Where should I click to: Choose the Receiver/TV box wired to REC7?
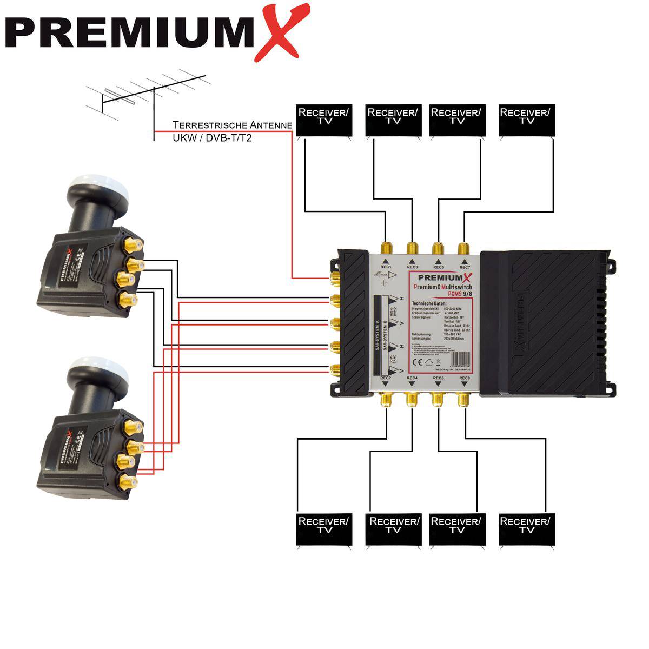525,120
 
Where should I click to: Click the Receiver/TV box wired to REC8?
525,529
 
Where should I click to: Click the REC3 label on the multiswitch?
412,267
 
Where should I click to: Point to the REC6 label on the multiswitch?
438,378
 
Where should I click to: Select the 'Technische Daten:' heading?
429,303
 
